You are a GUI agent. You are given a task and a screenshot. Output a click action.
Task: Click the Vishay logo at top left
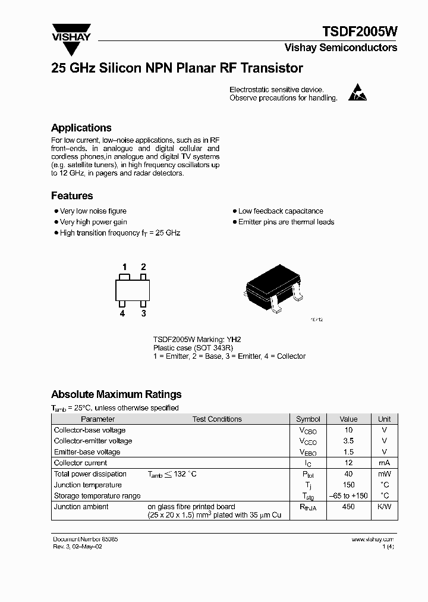(x=71, y=32)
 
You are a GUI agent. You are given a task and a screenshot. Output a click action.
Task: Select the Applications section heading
(x=81, y=128)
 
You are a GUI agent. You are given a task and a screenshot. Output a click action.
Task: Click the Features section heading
(x=72, y=196)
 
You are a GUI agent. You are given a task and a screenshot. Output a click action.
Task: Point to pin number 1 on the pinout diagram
(x=124, y=267)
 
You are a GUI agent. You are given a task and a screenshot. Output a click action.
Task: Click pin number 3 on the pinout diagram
(x=143, y=313)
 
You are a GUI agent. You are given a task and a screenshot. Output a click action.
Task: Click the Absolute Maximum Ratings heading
(x=117, y=394)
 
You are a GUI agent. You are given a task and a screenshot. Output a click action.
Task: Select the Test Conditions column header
(x=217, y=419)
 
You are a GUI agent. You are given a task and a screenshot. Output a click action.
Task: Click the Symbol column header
(x=308, y=419)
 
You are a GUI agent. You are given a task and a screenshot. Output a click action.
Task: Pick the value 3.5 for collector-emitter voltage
(x=348, y=441)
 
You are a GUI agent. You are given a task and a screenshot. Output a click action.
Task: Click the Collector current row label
(x=80, y=463)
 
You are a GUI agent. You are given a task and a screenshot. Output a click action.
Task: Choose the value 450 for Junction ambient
(x=348, y=507)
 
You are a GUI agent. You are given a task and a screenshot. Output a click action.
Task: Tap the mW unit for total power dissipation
(x=384, y=474)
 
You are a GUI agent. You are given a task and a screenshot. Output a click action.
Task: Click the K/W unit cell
(x=384, y=507)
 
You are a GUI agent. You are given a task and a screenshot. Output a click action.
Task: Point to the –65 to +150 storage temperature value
(x=348, y=496)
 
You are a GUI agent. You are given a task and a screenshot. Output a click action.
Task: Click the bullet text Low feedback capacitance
(x=281, y=211)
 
